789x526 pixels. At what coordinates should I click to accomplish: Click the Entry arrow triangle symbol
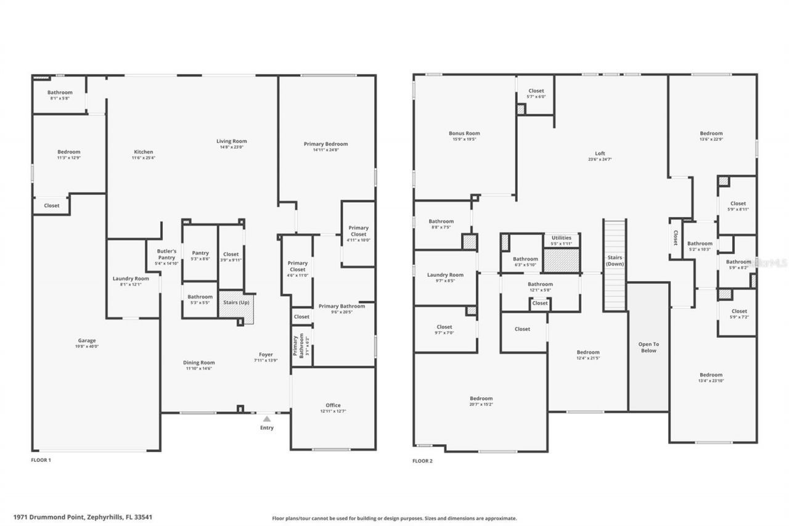267,419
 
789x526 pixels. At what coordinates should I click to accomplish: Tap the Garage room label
87,340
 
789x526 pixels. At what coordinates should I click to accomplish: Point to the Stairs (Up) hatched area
236,305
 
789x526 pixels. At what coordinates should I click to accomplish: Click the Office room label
333,405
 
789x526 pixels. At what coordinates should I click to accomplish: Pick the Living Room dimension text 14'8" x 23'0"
232,147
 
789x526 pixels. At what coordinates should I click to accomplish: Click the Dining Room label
198,363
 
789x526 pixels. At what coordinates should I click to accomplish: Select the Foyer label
266,355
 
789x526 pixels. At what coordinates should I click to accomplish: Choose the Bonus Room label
464,133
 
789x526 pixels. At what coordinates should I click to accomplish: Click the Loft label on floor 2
600,154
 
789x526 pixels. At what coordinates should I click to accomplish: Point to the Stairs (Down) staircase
615,265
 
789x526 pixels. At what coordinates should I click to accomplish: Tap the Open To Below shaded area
648,347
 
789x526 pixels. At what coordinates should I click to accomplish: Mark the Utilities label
561,237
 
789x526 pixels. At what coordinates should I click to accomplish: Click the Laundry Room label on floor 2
445,275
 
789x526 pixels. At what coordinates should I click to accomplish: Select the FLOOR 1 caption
41,460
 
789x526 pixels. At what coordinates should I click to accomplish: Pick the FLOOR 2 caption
422,461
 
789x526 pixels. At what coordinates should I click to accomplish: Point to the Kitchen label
144,152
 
